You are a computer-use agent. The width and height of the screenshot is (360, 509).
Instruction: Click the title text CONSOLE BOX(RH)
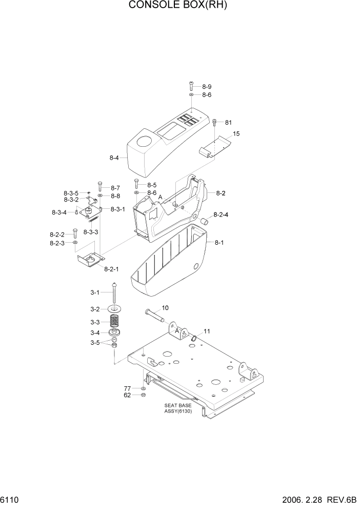(177, 6)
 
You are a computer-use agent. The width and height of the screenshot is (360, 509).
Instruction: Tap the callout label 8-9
(206, 87)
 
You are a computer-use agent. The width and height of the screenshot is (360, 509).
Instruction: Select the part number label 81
(228, 122)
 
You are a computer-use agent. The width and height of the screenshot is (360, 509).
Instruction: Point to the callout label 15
(236, 134)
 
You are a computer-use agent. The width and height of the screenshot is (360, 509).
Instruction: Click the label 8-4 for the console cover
(114, 158)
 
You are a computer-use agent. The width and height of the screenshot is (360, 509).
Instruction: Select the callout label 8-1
(219, 242)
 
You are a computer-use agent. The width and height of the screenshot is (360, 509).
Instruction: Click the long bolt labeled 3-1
(113, 294)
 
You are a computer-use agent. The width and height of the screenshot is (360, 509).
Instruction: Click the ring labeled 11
(195, 338)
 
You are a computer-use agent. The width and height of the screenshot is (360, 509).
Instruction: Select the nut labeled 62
(143, 395)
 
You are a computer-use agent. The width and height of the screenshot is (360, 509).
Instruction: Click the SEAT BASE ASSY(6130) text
(178, 408)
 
